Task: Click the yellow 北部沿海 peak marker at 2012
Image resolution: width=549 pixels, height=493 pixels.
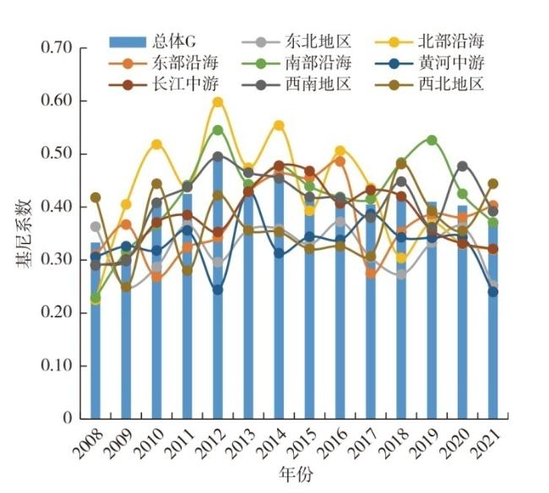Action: [218, 102]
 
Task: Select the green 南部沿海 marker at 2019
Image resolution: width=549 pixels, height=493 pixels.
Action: [432, 140]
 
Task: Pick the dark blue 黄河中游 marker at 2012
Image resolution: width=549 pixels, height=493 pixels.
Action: [218, 290]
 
